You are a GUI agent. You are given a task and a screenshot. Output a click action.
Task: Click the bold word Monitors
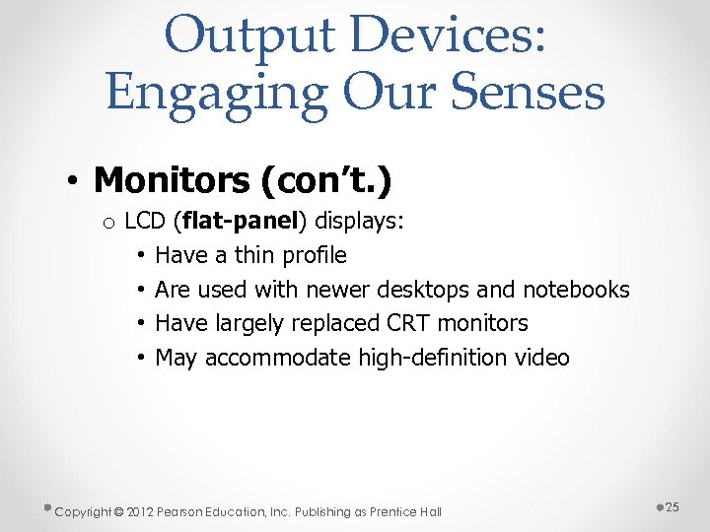[172, 180]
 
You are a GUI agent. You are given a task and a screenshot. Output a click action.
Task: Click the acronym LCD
[145, 221]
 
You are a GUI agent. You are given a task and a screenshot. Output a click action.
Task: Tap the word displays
[359, 221]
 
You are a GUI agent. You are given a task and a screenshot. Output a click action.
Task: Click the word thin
[254, 255]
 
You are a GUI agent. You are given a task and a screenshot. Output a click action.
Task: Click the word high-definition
[430, 358]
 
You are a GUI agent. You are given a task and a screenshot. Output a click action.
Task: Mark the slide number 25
[674, 506]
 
